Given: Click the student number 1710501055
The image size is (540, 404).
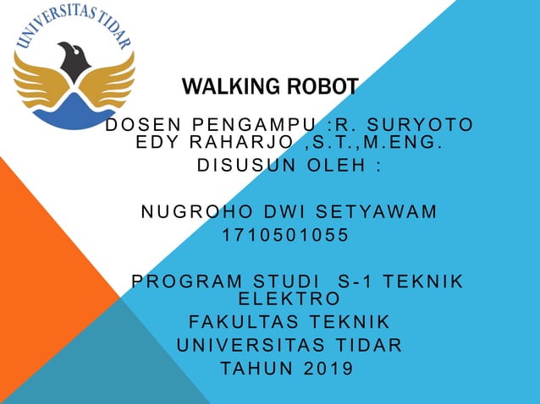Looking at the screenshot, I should point(285,235).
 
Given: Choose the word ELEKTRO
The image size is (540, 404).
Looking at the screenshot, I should point(290,298).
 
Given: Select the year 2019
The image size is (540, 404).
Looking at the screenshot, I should point(324,369).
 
